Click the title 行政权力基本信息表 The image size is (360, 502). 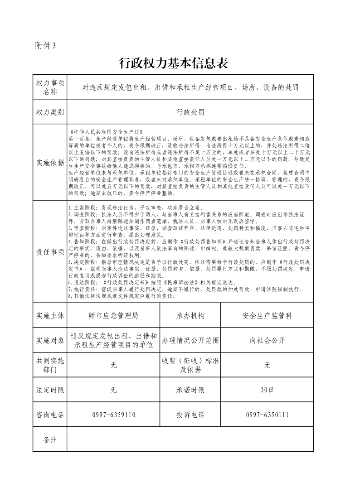(173, 63)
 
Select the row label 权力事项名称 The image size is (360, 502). (50, 87)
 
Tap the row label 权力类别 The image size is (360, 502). (50, 112)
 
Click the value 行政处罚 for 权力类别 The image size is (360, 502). (190, 112)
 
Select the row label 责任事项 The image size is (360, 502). (50, 253)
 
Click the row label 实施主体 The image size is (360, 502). (50, 315)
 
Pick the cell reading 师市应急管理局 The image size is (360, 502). (113, 315)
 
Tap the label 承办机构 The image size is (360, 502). (190, 315)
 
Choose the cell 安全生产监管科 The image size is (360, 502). (267, 315)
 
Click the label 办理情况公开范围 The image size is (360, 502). (190, 340)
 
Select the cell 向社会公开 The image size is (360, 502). (267, 340)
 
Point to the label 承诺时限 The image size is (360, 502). (190, 390)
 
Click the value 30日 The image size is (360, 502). (267, 390)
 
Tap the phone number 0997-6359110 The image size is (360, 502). (113, 415)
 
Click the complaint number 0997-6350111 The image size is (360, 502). (267, 415)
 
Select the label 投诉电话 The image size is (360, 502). (190, 415)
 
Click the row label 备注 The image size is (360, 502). (50, 439)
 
